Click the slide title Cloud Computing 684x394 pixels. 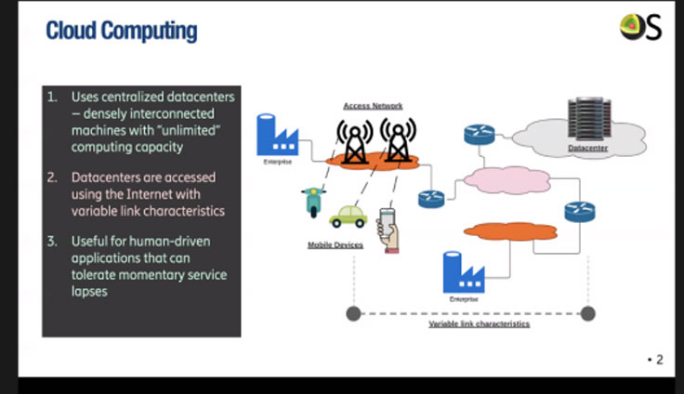(121, 31)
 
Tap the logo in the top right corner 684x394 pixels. (640, 28)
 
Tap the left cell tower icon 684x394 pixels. (354, 138)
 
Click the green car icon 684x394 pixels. (348, 217)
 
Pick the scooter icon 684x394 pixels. (312, 202)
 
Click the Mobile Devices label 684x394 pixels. (335, 245)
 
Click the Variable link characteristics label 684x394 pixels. (479, 324)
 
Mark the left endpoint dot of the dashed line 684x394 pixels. (352, 313)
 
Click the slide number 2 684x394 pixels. (659, 360)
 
